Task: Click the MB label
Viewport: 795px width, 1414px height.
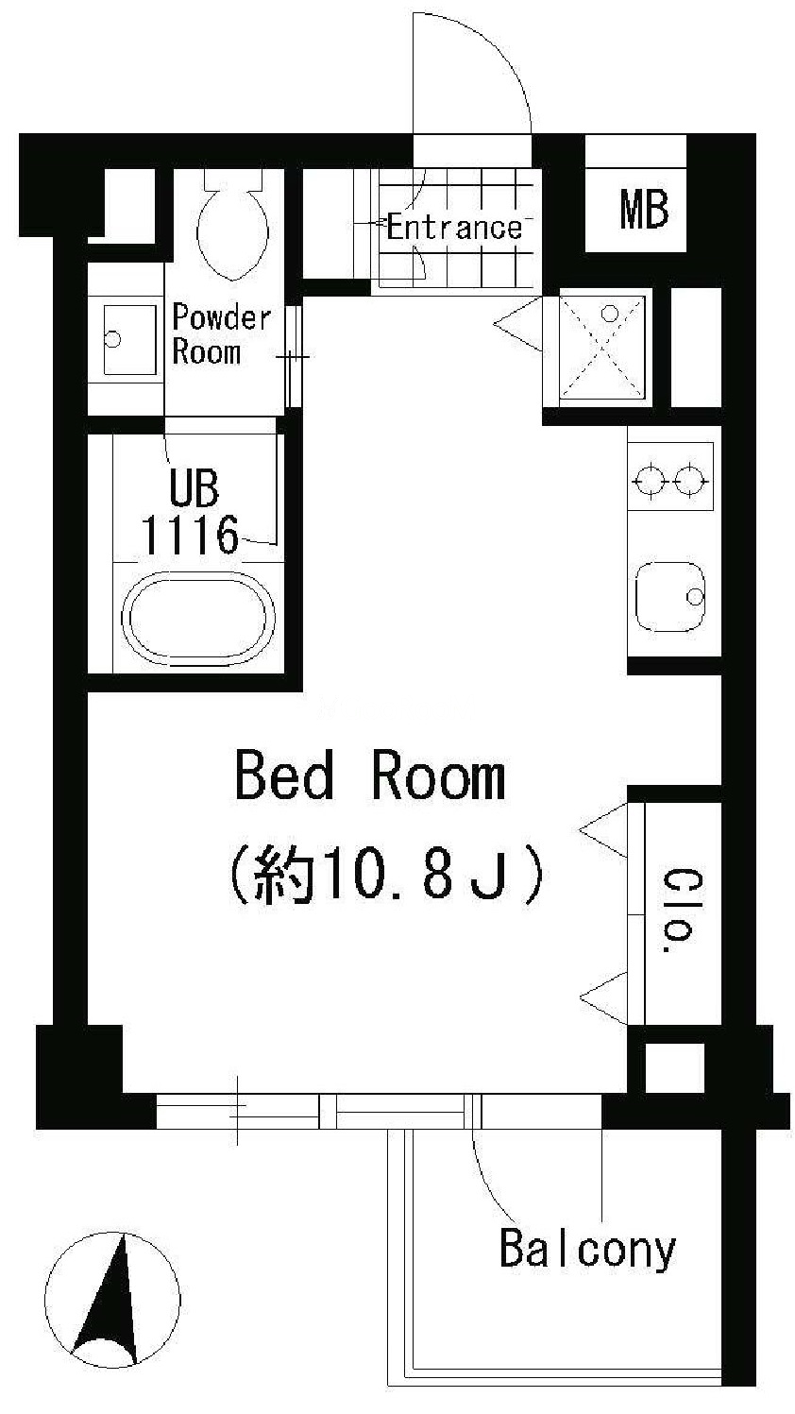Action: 644,211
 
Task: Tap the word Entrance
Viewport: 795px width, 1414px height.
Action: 454,227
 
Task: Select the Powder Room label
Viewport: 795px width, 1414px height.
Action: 222,334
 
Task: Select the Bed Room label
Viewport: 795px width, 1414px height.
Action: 370,775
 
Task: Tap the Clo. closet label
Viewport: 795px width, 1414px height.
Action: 677,911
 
